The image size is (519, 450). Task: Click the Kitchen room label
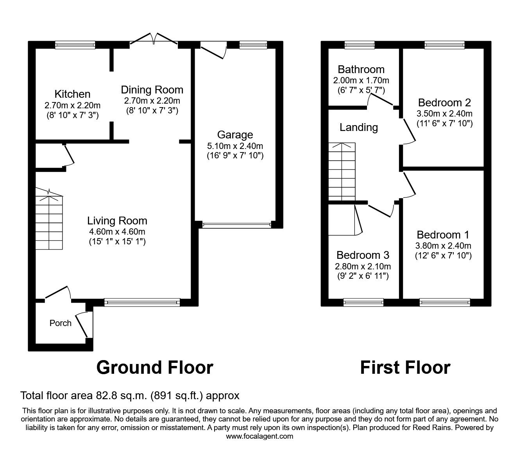(x=72, y=94)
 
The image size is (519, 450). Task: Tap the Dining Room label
(x=152, y=90)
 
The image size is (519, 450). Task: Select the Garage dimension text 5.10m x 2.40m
(x=235, y=146)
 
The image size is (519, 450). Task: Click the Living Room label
(x=117, y=221)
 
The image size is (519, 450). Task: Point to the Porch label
(x=61, y=323)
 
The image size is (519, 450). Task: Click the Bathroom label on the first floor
(x=361, y=69)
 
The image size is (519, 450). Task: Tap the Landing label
(x=358, y=127)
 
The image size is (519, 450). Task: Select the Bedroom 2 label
(x=444, y=102)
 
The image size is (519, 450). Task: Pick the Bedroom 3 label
(x=363, y=255)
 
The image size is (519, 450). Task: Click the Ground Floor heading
(x=154, y=368)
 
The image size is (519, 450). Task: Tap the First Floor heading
(x=405, y=368)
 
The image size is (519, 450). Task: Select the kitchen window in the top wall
(x=75, y=45)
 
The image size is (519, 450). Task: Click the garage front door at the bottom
(x=236, y=225)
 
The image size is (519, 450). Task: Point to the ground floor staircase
(x=49, y=221)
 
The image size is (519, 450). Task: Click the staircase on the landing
(x=342, y=172)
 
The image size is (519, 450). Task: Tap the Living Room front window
(x=142, y=301)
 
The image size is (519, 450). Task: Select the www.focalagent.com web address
(x=259, y=436)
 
